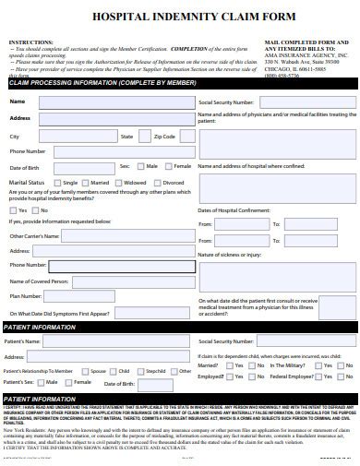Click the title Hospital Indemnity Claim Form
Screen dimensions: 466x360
pyautogui.click(x=179, y=16)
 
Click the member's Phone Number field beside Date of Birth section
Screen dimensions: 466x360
pyautogui.click(x=119, y=151)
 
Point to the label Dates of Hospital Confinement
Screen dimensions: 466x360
pyautogui.click(x=235, y=209)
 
